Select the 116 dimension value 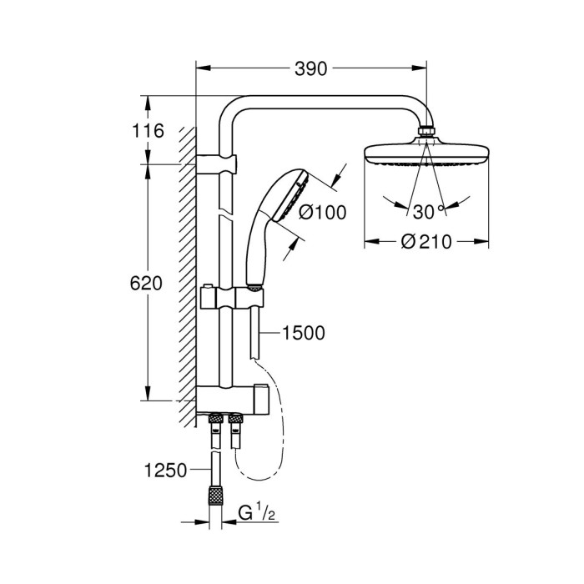pyautogui.click(x=147, y=131)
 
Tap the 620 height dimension pyautogui.click(x=147, y=283)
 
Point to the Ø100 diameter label pyautogui.click(x=321, y=212)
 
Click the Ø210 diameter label pyautogui.click(x=425, y=242)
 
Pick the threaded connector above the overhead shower pyautogui.click(x=426, y=132)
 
